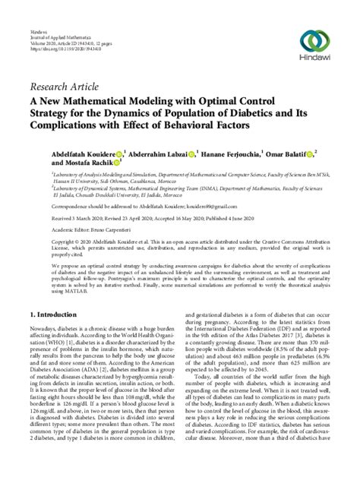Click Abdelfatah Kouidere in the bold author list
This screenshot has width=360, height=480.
(x=84, y=153)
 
